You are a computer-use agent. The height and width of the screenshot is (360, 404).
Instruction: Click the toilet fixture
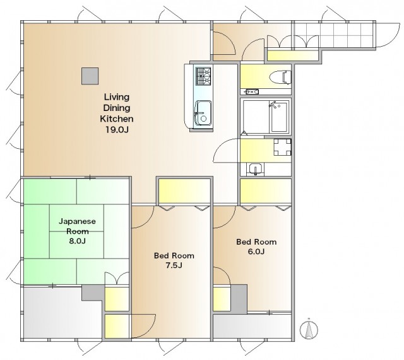pos(280,77)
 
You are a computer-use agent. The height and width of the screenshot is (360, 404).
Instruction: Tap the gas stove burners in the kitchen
pos(203,76)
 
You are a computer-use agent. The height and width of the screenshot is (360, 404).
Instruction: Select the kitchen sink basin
pos(203,113)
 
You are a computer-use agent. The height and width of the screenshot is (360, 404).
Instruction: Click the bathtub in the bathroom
pos(278,117)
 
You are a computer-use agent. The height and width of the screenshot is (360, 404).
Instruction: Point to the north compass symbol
pos(309,329)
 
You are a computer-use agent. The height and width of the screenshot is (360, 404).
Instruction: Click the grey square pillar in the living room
pos(90,76)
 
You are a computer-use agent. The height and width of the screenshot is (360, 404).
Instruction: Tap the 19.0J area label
pos(117,129)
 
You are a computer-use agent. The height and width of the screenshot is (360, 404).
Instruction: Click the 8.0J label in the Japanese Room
pos(77,241)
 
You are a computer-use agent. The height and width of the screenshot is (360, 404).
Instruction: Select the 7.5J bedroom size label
pos(174,265)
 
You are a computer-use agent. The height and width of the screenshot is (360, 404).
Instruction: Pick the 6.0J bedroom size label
pos(256,251)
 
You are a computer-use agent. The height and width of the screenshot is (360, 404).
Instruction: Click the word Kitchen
pos(117,119)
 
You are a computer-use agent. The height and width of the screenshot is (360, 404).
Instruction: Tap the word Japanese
pos(77,221)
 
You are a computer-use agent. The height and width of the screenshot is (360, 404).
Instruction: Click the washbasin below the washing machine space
pos(255,169)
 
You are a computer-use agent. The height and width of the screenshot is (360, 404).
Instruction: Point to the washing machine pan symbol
pos(282,147)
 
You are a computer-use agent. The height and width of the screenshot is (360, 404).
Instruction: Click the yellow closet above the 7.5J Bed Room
pos(184,190)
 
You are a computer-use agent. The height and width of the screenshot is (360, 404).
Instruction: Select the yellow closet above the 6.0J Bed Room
pos(265,190)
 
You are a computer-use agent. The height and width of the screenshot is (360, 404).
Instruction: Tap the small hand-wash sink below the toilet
pos(251,91)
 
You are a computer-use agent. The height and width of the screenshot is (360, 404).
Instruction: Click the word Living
pos(117,97)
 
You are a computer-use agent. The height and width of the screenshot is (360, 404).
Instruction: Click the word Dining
pos(117,108)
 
